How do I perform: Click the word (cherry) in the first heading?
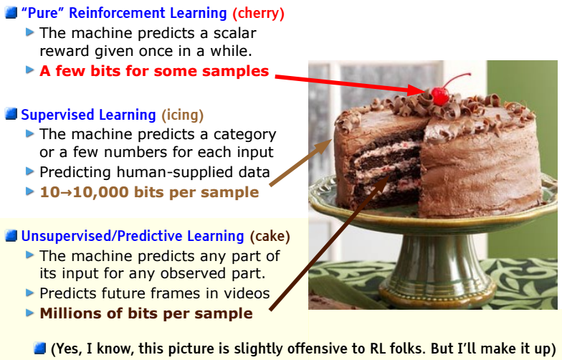click(257, 14)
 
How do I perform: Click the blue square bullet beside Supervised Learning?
click(11, 114)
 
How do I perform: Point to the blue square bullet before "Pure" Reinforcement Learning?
click(11, 13)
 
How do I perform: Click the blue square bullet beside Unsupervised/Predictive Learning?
click(11, 236)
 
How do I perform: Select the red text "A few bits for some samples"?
click(154, 71)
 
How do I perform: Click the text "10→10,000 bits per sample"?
click(149, 192)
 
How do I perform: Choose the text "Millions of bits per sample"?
click(146, 313)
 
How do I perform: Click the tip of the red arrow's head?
click(429, 93)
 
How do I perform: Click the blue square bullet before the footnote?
click(40, 349)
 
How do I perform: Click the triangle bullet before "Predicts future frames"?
click(29, 293)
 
